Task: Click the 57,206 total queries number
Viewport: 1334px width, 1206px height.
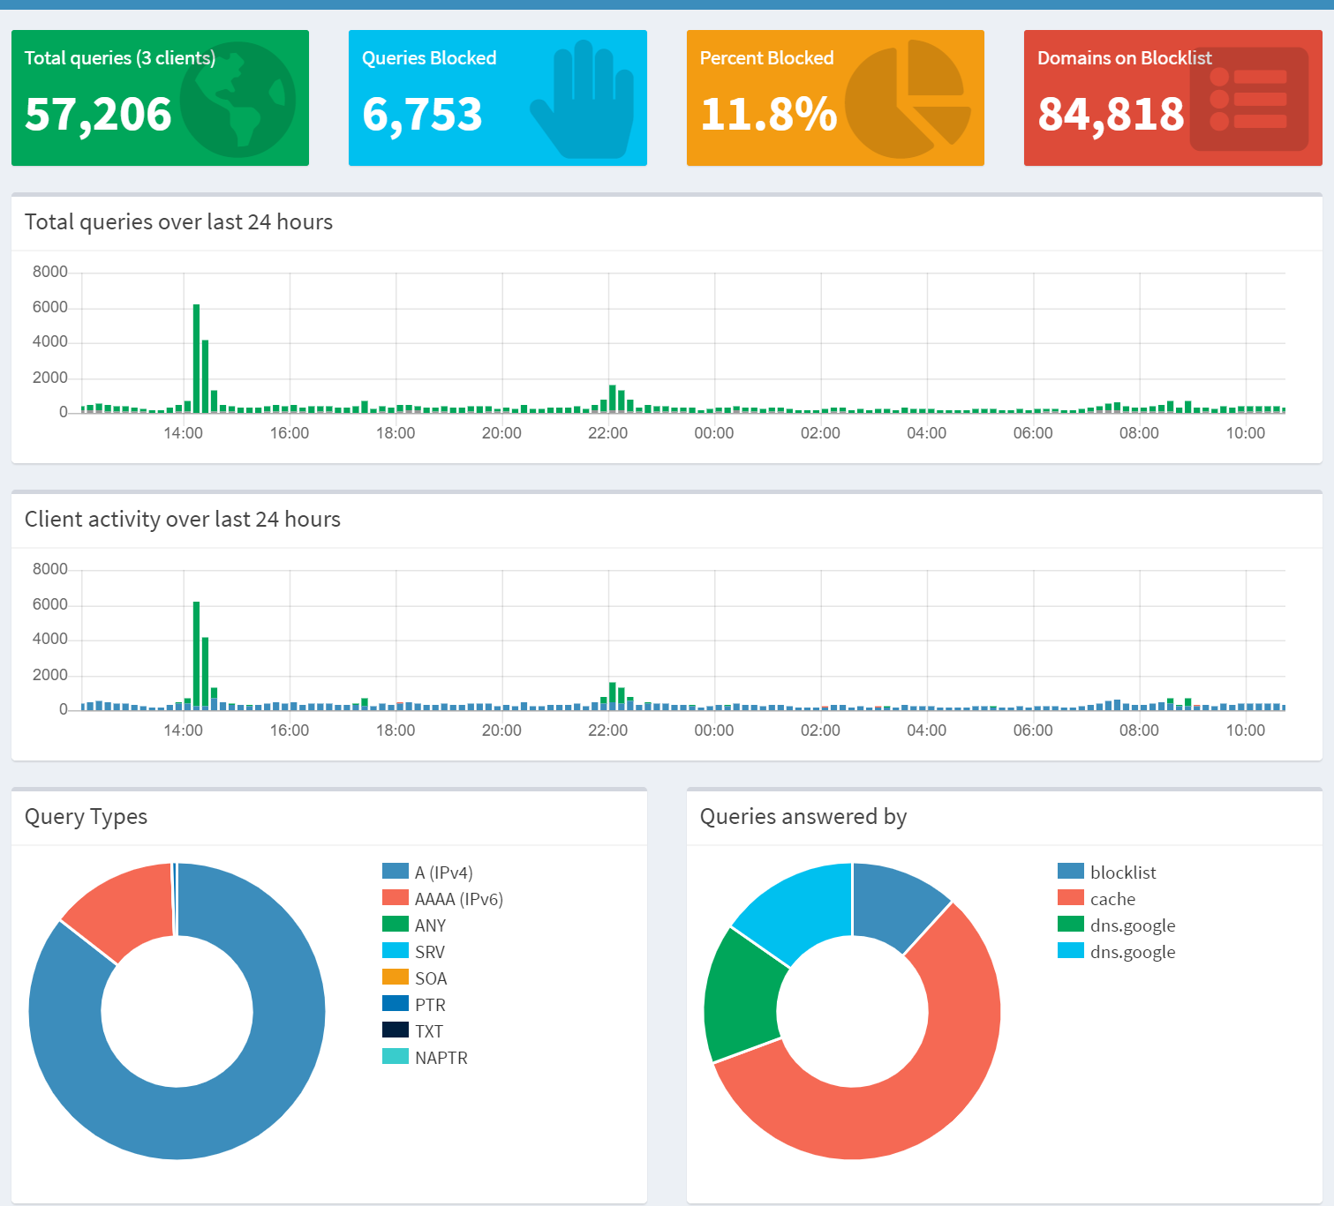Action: click(98, 115)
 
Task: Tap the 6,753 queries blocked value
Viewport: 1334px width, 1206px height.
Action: click(422, 115)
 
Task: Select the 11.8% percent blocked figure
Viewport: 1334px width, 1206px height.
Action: click(768, 115)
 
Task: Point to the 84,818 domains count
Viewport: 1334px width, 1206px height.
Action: click(1111, 115)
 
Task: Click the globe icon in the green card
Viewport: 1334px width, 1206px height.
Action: click(238, 99)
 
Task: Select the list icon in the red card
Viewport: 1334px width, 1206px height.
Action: click(1248, 99)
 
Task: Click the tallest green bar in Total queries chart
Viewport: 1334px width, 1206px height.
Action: click(196, 357)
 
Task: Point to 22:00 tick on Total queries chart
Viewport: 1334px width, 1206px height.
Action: click(607, 433)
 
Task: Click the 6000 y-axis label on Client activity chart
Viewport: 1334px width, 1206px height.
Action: click(50, 604)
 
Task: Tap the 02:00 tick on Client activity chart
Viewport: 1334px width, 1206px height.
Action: click(820, 730)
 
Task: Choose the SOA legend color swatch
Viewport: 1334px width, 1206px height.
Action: click(396, 978)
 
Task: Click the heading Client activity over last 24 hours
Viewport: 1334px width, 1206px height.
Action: click(183, 519)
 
